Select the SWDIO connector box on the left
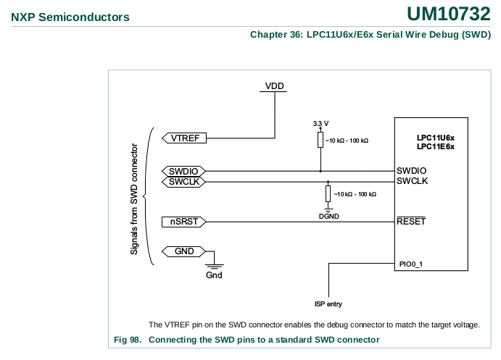[x=183, y=172]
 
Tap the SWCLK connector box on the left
[x=183, y=182]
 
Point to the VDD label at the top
[x=274, y=86]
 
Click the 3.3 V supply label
[x=320, y=123]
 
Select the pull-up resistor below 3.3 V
[x=320, y=140]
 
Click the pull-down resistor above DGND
[x=328, y=194]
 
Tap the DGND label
[x=328, y=216]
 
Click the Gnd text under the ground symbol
[x=214, y=275]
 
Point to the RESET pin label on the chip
[x=411, y=222]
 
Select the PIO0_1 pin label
[x=411, y=264]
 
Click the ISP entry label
[x=328, y=304]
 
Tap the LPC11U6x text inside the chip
[x=435, y=138]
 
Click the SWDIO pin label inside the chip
[x=411, y=171]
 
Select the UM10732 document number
[x=448, y=14]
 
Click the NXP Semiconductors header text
[x=70, y=17]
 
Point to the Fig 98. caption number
[x=128, y=340]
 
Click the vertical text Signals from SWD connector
[x=134, y=196]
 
